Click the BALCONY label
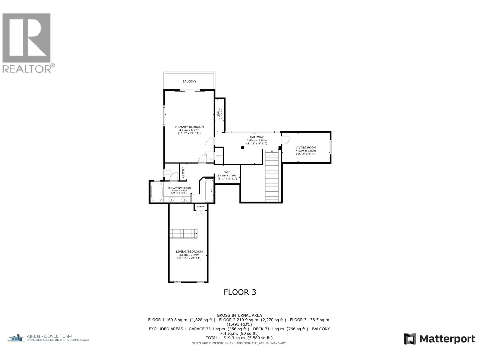point(189,81)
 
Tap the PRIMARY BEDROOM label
point(189,127)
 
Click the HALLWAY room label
point(256,137)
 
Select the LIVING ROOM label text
point(306,148)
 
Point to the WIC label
point(227,172)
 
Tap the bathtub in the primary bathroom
point(157,192)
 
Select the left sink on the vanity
point(171,199)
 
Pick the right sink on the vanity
point(185,199)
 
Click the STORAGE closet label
point(201,207)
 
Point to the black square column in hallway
point(243,147)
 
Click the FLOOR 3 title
point(240,292)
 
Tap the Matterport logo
point(439,339)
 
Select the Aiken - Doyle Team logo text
point(49,338)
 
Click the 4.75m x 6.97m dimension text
point(189,130)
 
